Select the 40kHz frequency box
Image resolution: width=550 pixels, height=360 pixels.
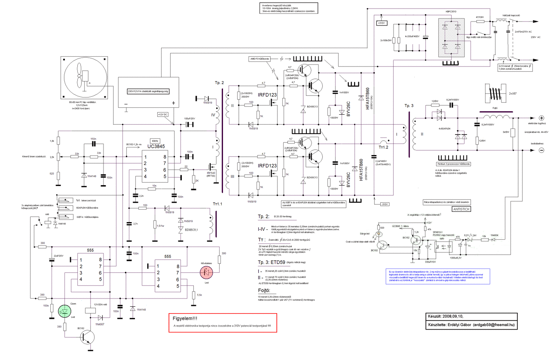(155, 140)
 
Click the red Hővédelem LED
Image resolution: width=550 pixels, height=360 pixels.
(207, 272)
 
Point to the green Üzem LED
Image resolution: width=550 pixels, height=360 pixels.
(64, 311)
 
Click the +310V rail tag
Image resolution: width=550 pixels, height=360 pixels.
(381, 23)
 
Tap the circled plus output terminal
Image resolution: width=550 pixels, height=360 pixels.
(542, 118)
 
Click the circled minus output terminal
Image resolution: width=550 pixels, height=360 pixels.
(541, 150)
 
